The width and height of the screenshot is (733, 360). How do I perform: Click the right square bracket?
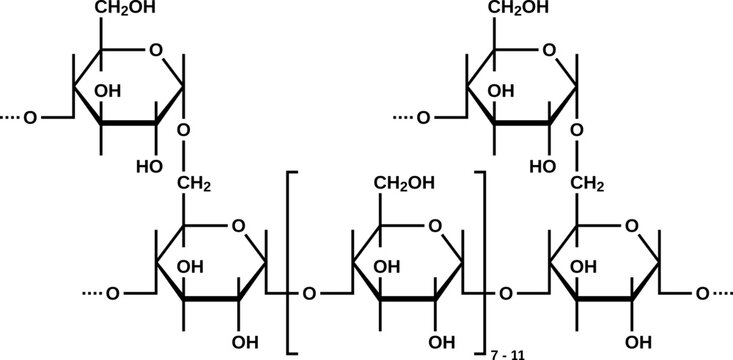pos(481,260)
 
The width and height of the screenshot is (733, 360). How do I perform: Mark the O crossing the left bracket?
pos(309,295)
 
